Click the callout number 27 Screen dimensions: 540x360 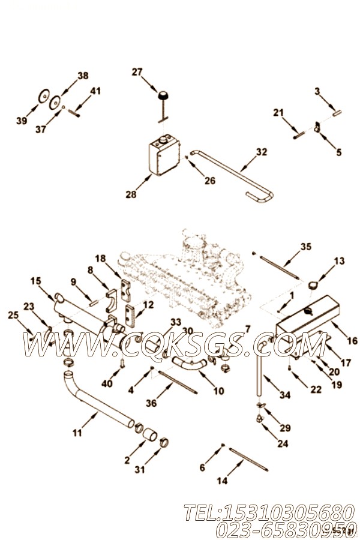pos(137,73)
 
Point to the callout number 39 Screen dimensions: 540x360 pos(22,121)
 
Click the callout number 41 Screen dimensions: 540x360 pos(96,91)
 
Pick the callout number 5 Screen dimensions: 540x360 pos(339,152)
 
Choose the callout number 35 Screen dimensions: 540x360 pos(306,246)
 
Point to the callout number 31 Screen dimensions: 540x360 pos(140,470)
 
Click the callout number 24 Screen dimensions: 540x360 pos(283,443)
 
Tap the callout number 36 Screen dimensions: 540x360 pos(151,404)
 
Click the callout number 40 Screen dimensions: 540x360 pos(107,383)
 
